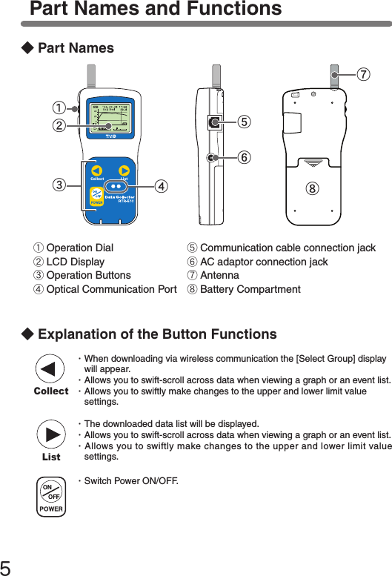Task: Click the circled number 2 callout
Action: pos(56,125)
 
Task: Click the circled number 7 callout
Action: pos(363,76)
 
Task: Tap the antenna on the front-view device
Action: pos(92,78)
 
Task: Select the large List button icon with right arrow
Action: pos(50,437)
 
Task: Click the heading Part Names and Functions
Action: pos(156,10)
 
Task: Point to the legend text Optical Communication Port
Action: pos(111,289)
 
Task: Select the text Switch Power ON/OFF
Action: pos(131,482)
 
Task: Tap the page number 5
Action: pos(7,567)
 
